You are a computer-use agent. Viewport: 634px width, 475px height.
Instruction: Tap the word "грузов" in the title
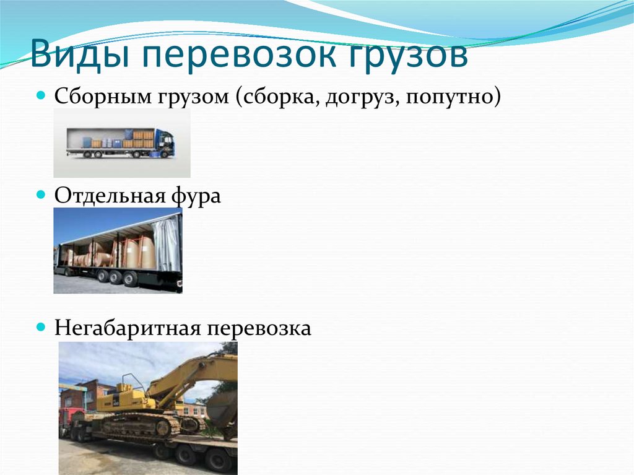[x=407, y=57]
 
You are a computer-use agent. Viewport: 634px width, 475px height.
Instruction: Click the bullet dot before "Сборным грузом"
[x=41, y=97]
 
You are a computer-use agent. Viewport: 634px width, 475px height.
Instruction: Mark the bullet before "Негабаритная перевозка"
[x=41, y=326]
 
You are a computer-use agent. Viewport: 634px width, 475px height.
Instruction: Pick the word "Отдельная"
[x=109, y=196]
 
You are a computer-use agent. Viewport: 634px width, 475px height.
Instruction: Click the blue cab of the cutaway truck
[x=165, y=143]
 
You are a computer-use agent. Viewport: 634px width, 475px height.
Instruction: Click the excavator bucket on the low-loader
[x=222, y=409]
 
